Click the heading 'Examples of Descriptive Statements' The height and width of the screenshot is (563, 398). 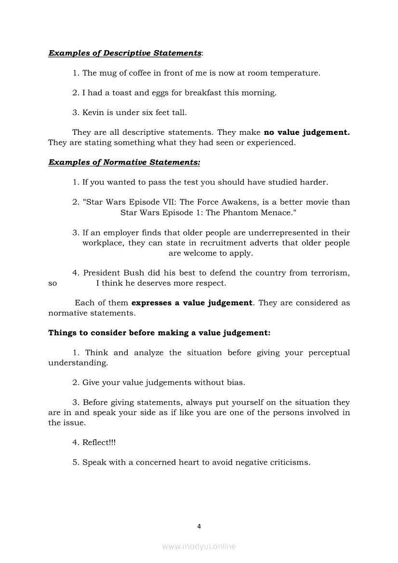[125, 53]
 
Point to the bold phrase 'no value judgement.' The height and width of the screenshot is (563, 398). [307, 132]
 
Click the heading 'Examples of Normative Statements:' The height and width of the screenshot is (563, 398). [124, 162]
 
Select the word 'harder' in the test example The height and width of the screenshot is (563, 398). [315, 183]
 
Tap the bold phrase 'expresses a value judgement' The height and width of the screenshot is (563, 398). [192, 303]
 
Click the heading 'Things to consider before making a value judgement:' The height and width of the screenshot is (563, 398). [159, 333]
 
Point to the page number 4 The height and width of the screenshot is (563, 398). [199, 526]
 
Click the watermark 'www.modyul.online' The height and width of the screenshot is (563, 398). [199, 546]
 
